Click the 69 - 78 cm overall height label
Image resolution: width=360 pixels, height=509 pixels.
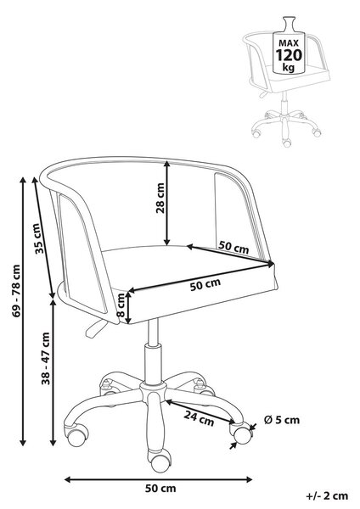pos(17,291)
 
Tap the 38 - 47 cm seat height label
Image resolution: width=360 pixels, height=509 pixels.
pos(46,358)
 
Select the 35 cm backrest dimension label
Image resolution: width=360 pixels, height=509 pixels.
pos(39,238)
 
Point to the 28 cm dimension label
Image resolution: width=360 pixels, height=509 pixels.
pos(160,198)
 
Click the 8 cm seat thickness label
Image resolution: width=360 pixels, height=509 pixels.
pos(121,305)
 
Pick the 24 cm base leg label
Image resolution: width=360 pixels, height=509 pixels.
pos(200,417)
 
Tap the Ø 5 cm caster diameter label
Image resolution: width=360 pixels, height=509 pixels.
pos(282,420)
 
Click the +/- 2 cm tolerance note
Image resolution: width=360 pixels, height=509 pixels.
pos(327,495)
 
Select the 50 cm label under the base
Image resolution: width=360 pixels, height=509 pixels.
pos(160,489)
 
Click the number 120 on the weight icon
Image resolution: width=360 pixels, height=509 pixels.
pos(289,55)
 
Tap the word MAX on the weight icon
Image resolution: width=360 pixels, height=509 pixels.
pos(289,43)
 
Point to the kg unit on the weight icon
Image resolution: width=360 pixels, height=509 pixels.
pos(289,68)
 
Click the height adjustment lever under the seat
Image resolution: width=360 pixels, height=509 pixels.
pos(94,328)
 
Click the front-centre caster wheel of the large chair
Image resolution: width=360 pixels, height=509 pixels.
pos(159,461)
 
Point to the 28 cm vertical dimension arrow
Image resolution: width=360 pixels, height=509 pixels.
pos(166,203)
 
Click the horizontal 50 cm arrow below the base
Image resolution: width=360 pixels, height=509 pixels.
pos(159,479)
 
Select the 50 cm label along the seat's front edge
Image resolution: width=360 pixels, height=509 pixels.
pos(205,284)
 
